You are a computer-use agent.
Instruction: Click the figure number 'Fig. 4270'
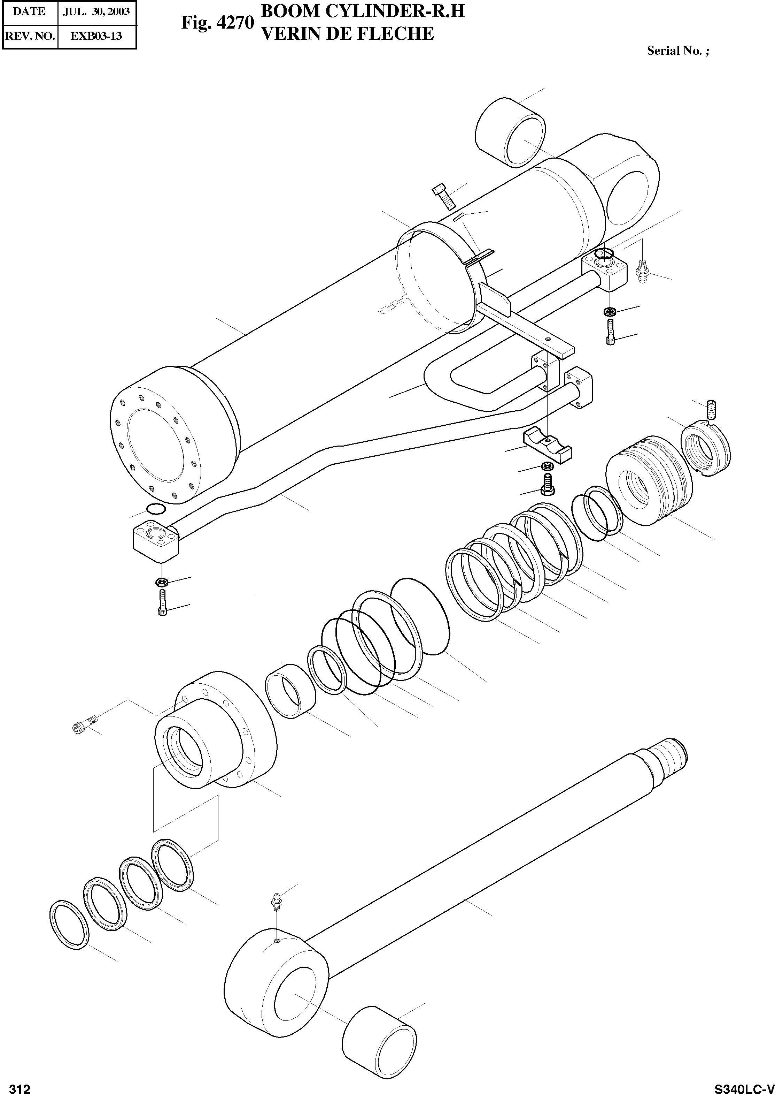click(x=217, y=23)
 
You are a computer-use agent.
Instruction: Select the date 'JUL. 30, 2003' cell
click(x=96, y=12)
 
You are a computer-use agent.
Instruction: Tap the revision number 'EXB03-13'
click(x=96, y=36)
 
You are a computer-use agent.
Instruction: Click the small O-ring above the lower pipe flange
click(x=156, y=509)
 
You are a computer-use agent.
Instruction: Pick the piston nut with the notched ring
click(x=705, y=446)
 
